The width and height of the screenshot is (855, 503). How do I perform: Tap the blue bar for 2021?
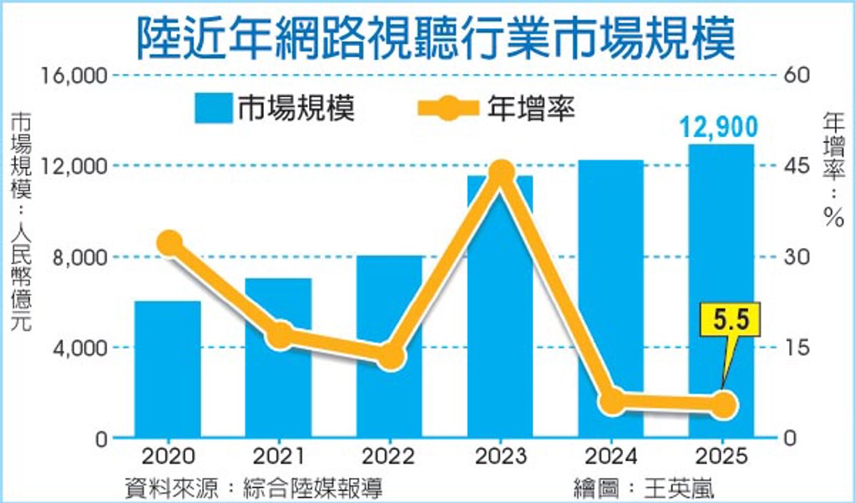point(278,393)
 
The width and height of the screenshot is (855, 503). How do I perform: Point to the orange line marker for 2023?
point(501,173)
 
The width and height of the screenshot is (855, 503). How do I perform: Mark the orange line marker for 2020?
point(169,243)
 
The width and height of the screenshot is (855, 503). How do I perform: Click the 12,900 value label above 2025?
point(718,128)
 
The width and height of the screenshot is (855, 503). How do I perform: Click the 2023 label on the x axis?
point(499,457)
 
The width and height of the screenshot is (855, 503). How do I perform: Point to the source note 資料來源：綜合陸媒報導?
point(255,485)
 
